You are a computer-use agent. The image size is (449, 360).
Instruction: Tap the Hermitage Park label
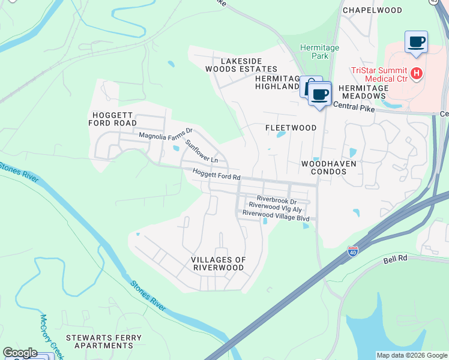tap(319, 52)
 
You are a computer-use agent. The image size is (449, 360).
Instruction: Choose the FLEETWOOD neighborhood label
tap(291, 128)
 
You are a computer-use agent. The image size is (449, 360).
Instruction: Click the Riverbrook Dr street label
tap(276, 199)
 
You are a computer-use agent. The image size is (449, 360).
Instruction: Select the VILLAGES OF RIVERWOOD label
tap(218, 263)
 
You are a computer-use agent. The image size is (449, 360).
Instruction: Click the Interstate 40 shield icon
tap(352, 252)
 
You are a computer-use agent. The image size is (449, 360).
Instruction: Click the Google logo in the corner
tap(20, 353)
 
